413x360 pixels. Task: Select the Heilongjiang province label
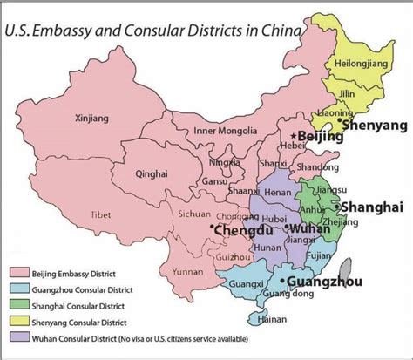357,65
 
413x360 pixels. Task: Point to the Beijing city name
320,138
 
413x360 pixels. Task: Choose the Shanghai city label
372,207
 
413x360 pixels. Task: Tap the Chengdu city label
238,230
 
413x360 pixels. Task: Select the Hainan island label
273,320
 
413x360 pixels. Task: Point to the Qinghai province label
151,174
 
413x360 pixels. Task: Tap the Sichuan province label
193,212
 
